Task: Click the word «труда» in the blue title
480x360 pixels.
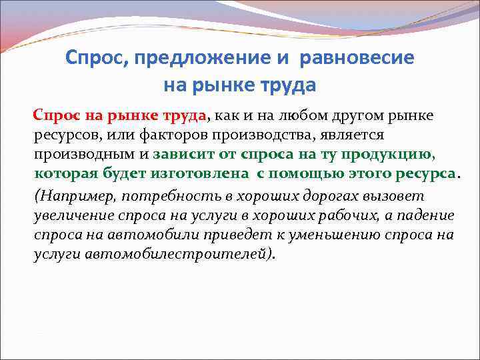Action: coord(287,86)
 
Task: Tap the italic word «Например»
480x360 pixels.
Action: coord(68,197)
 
